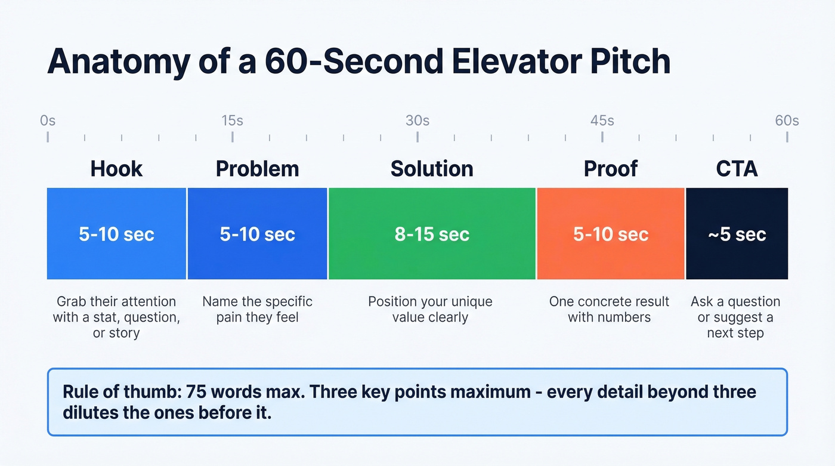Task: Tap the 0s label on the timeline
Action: tap(48, 121)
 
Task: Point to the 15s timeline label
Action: tap(232, 121)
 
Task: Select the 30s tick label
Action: tap(417, 121)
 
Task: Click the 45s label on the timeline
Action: tap(602, 121)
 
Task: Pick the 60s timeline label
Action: tap(787, 121)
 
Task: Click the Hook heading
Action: tap(116, 169)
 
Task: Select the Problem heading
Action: tap(257, 169)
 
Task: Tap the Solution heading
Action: tap(432, 169)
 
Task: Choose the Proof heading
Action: tap(611, 169)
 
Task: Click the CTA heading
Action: tap(737, 169)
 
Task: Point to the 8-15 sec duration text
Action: tap(432, 234)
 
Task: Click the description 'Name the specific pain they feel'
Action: tap(257, 309)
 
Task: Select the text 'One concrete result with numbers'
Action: tap(609, 309)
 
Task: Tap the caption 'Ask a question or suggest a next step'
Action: tap(735, 317)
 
